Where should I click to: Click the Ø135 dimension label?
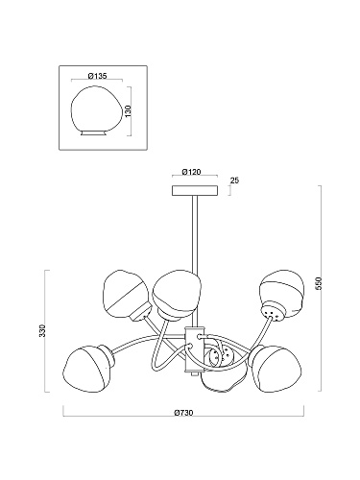97,76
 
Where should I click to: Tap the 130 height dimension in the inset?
129,111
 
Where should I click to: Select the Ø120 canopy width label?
191,172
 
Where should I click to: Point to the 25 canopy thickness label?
234,180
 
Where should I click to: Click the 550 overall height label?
319,283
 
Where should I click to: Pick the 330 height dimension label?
42,330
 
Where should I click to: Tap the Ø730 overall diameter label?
183,413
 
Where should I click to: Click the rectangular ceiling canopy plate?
195,190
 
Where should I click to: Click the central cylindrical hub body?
195,349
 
